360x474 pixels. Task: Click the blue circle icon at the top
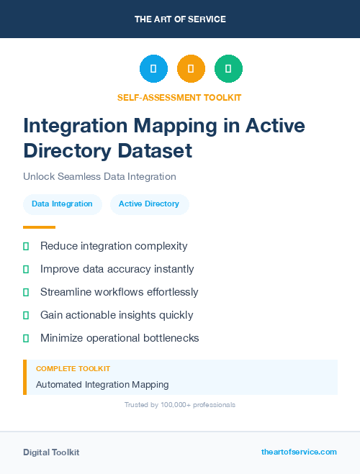coord(153,69)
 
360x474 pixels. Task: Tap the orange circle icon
coord(191,69)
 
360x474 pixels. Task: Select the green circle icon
coord(228,69)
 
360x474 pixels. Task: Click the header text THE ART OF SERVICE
coord(180,19)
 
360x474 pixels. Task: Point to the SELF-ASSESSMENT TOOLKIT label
coord(179,97)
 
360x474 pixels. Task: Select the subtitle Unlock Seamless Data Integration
coord(99,176)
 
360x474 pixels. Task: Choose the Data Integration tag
coord(62,204)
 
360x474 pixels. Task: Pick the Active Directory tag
coord(149,204)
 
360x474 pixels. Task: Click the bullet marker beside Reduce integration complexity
coord(26,246)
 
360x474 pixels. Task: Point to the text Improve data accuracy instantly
coord(117,269)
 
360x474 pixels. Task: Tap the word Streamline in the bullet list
coord(67,292)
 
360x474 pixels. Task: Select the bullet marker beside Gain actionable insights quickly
coord(26,315)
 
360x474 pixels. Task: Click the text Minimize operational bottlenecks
coord(120,338)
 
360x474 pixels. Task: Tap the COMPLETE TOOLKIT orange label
coord(73,368)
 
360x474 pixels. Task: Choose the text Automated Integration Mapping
coord(102,385)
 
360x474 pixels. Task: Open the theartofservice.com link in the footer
coord(299,452)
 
